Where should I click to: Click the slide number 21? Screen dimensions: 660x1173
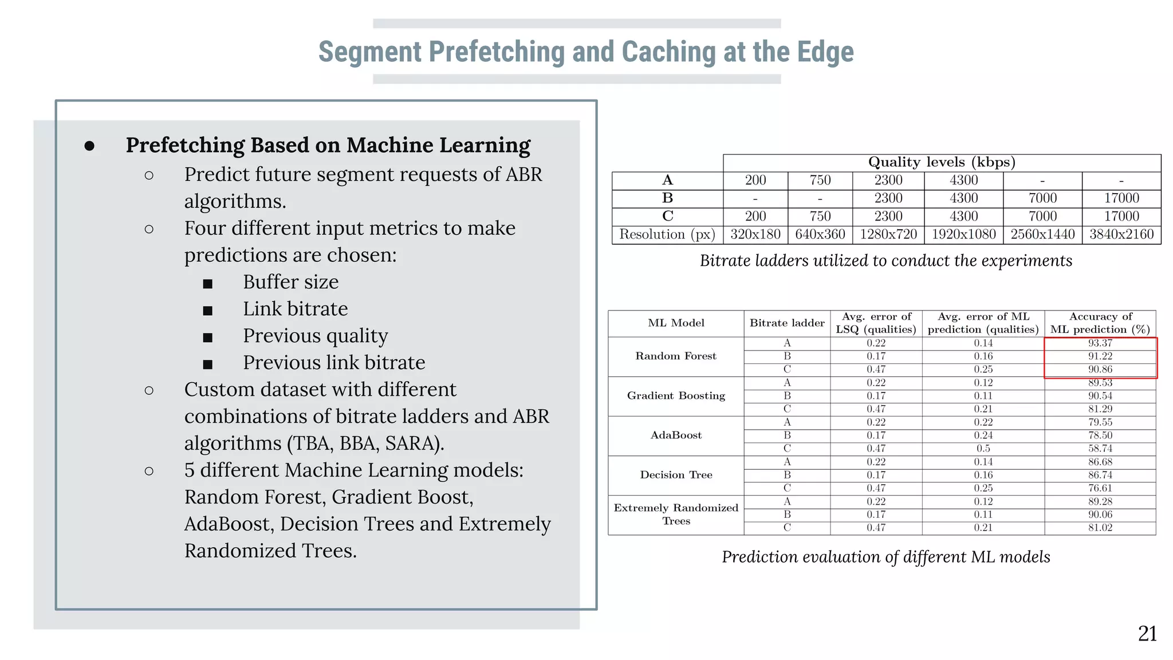pos(1147,634)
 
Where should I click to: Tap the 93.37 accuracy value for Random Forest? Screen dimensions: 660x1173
pos(1100,343)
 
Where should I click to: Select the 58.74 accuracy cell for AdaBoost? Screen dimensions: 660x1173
pos(1100,449)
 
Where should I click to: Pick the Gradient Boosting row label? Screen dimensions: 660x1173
pos(676,396)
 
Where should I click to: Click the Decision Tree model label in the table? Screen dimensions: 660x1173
pos(676,475)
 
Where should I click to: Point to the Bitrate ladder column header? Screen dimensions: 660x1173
pos(787,323)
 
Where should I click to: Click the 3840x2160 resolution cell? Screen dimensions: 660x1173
pos(1121,234)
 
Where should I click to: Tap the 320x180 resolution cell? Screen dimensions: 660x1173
pos(755,234)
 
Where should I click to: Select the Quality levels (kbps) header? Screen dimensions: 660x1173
pos(942,163)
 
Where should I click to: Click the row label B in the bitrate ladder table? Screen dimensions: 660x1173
pos(667,198)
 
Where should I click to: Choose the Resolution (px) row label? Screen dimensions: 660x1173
pos(667,234)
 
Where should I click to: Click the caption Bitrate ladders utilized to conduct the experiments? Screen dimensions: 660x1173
pos(885,261)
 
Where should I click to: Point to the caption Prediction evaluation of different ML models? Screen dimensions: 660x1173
pos(885,557)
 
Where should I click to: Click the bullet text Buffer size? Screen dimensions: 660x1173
pos(290,282)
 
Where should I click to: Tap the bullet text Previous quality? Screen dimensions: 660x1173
pos(315,336)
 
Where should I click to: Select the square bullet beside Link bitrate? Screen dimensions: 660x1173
pos(208,311)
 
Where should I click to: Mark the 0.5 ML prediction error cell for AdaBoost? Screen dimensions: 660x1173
pos(983,449)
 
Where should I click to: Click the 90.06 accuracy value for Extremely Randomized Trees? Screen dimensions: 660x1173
pos(1100,514)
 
